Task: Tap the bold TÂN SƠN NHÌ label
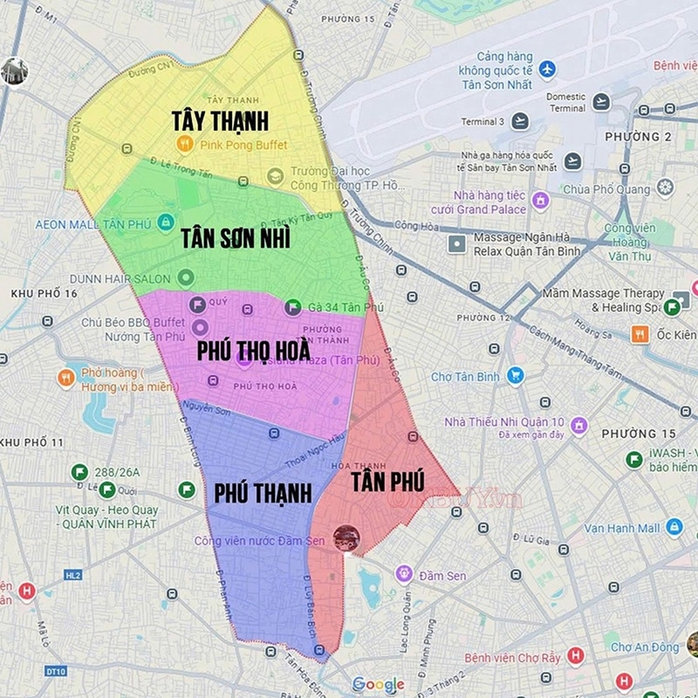coord(236,237)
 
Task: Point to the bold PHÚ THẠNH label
coord(263,493)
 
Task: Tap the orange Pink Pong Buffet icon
coord(184,144)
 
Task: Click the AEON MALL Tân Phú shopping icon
coord(165,223)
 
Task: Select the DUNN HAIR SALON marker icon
coord(185,277)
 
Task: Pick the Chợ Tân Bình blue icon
coord(516,376)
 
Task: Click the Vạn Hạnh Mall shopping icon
coord(674,527)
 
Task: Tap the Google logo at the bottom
coord(379,684)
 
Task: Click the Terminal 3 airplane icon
coord(521,121)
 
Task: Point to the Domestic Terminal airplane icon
coord(600,102)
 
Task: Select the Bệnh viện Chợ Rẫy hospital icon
coord(575,656)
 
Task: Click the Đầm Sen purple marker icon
coord(403,574)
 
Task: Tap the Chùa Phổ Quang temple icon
coord(665,188)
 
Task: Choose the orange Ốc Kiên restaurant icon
coord(640,333)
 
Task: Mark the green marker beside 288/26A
coord(79,472)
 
